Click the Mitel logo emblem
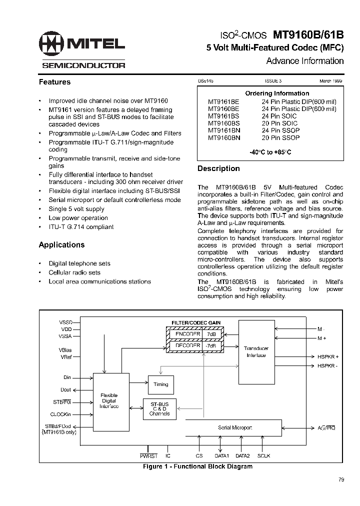(x=51, y=44)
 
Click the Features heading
(x=54, y=82)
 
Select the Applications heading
(x=61, y=245)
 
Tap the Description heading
(x=218, y=168)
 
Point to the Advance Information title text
(x=304, y=61)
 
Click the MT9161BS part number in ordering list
(x=223, y=116)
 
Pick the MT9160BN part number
(x=224, y=137)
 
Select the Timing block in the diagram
(x=161, y=384)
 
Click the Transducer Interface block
(x=256, y=351)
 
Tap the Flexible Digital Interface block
(x=108, y=400)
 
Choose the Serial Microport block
(x=235, y=427)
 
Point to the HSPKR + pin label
(x=328, y=356)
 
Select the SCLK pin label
(x=263, y=456)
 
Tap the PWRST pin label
(x=148, y=456)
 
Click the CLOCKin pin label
(x=61, y=414)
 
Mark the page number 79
(x=341, y=480)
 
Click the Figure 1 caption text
(x=197, y=466)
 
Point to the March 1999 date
(x=331, y=80)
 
